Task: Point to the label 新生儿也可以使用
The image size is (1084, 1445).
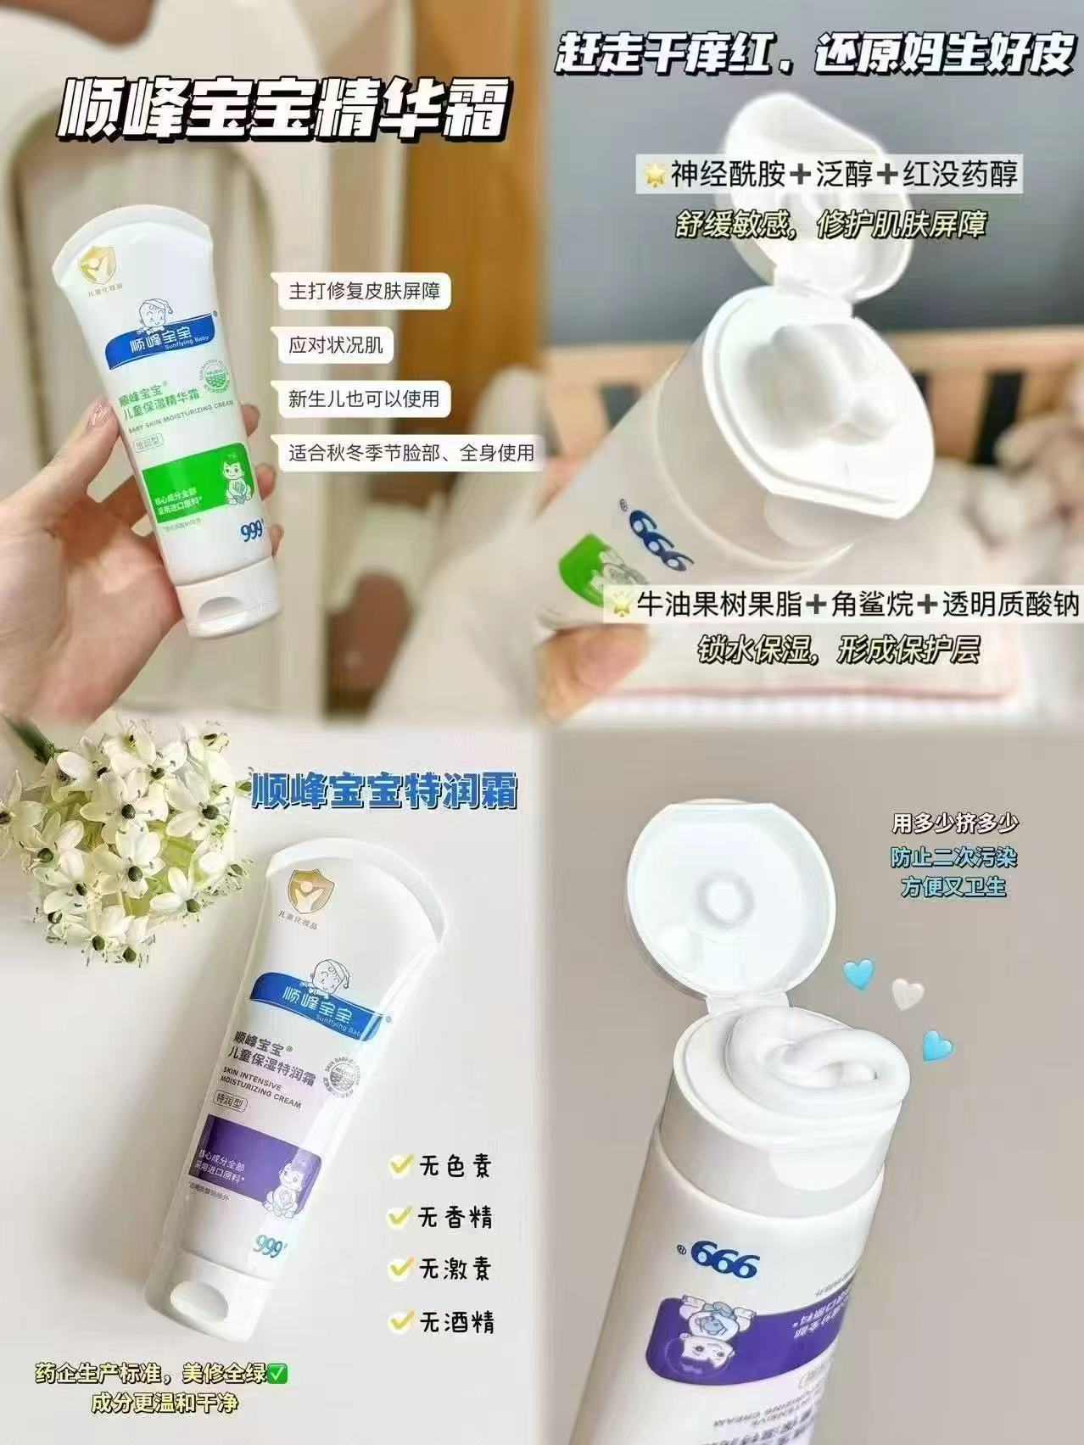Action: [x=364, y=399]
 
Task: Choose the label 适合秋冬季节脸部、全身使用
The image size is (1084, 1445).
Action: [x=411, y=453]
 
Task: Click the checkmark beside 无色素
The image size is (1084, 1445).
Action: [x=397, y=1165]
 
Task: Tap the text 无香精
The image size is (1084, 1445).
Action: [x=455, y=1219]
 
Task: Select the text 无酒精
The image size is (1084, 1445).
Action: [x=457, y=1322]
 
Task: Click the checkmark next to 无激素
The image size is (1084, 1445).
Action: [x=397, y=1269]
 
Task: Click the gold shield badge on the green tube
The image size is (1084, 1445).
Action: [x=95, y=270]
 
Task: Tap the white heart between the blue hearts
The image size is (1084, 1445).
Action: [x=907, y=991]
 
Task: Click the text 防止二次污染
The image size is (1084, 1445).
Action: [x=953, y=857]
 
